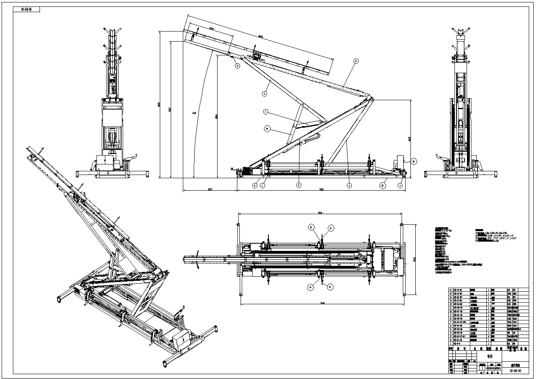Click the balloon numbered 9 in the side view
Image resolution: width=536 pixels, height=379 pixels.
tap(237, 66)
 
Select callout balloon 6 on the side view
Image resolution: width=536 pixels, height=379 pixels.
tap(265, 94)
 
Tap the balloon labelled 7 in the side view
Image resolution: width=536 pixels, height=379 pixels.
tap(266, 112)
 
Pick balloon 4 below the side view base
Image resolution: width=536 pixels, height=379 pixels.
tap(350, 185)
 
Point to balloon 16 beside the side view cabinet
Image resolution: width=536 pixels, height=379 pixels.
tap(414, 161)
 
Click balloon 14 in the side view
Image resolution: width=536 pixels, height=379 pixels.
tap(267, 129)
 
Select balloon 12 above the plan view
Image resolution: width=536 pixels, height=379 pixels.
tap(312, 227)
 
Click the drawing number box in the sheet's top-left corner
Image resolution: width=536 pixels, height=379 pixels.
tap(27, 10)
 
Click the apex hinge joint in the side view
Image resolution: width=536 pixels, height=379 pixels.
tap(371, 98)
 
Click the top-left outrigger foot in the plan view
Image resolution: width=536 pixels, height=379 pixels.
tap(239, 225)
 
